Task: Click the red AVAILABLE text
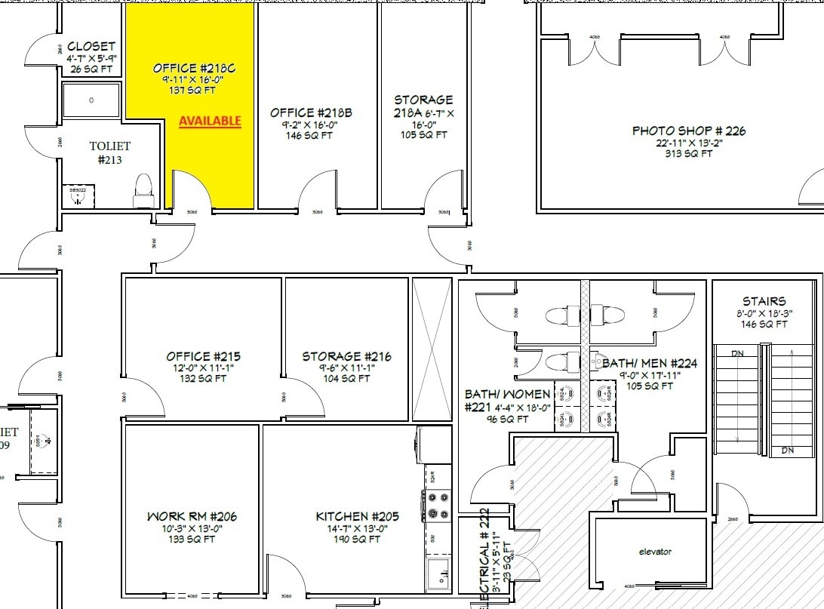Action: (x=210, y=121)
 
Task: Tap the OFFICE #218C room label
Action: (x=194, y=68)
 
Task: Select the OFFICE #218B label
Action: (x=311, y=113)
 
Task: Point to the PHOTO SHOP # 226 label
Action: (x=688, y=131)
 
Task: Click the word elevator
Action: (x=654, y=552)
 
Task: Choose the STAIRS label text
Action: (x=764, y=301)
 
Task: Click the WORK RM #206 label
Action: (x=192, y=517)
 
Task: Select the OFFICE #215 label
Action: (x=203, y=356)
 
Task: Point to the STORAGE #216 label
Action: (x=346, y=356)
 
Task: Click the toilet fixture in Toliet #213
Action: (x=143, y=191)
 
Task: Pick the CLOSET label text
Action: (x=91, y=47)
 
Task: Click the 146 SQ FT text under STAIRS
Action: (x=764, y=324)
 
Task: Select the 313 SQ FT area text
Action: (x=688, y=153)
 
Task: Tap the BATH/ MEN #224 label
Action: (x=650, y=364)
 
